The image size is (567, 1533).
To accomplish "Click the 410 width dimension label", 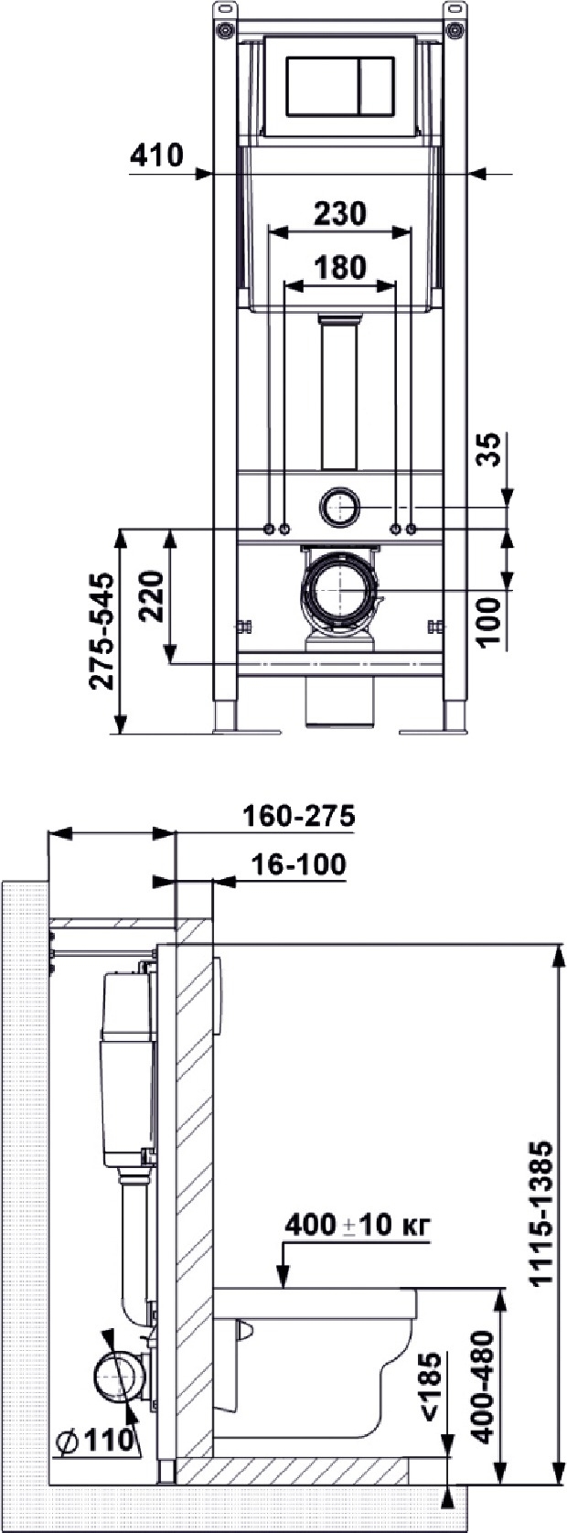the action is (157, 155).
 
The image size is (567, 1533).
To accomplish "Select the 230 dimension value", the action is (340, 213).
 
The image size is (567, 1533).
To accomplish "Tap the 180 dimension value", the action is (340, 267).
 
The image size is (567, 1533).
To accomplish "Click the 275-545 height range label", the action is (102, 632).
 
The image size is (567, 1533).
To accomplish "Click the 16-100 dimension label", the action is (297, 864).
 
